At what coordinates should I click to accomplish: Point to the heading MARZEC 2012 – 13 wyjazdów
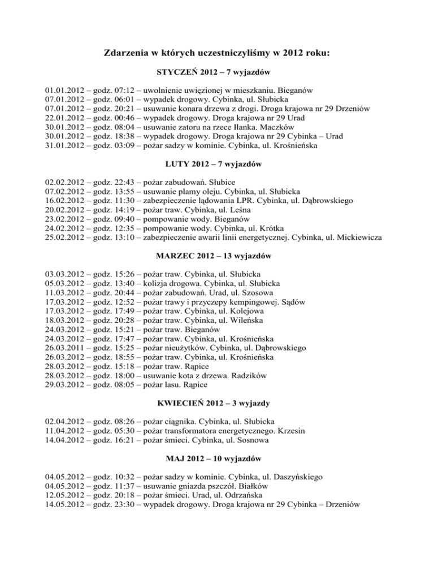[217, 256]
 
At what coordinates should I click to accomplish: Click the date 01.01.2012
[66, 90]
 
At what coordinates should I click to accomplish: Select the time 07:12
[125, 90]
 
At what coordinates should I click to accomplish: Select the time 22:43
[125, 182]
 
